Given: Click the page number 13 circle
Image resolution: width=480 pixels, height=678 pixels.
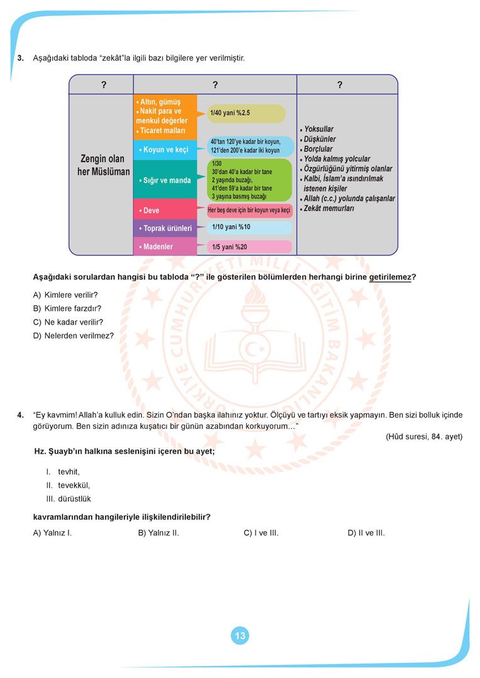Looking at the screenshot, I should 240,636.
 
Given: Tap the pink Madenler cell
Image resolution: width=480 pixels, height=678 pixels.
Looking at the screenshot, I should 165,247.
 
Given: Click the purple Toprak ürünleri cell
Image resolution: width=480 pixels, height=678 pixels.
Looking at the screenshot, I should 165,229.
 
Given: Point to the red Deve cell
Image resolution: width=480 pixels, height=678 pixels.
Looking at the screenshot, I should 165,210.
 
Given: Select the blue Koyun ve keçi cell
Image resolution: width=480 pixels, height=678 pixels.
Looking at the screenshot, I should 165,149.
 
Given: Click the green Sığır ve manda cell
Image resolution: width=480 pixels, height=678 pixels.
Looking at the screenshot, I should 165,180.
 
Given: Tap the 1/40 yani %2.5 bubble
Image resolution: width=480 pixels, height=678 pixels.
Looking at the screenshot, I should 246,113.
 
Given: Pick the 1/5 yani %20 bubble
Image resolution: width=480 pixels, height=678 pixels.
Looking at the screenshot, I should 249,247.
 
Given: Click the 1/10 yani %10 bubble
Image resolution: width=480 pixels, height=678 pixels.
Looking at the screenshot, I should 249,227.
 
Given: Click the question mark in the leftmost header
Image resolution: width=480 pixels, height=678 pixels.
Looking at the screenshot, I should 103,85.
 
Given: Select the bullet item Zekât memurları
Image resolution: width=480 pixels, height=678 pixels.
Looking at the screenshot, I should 328,208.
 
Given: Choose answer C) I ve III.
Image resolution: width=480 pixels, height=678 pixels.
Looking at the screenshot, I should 261,533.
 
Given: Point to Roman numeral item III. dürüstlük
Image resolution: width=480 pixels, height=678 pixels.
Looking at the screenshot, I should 68,498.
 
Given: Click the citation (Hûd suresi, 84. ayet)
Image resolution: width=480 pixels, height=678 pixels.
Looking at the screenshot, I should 423,436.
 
